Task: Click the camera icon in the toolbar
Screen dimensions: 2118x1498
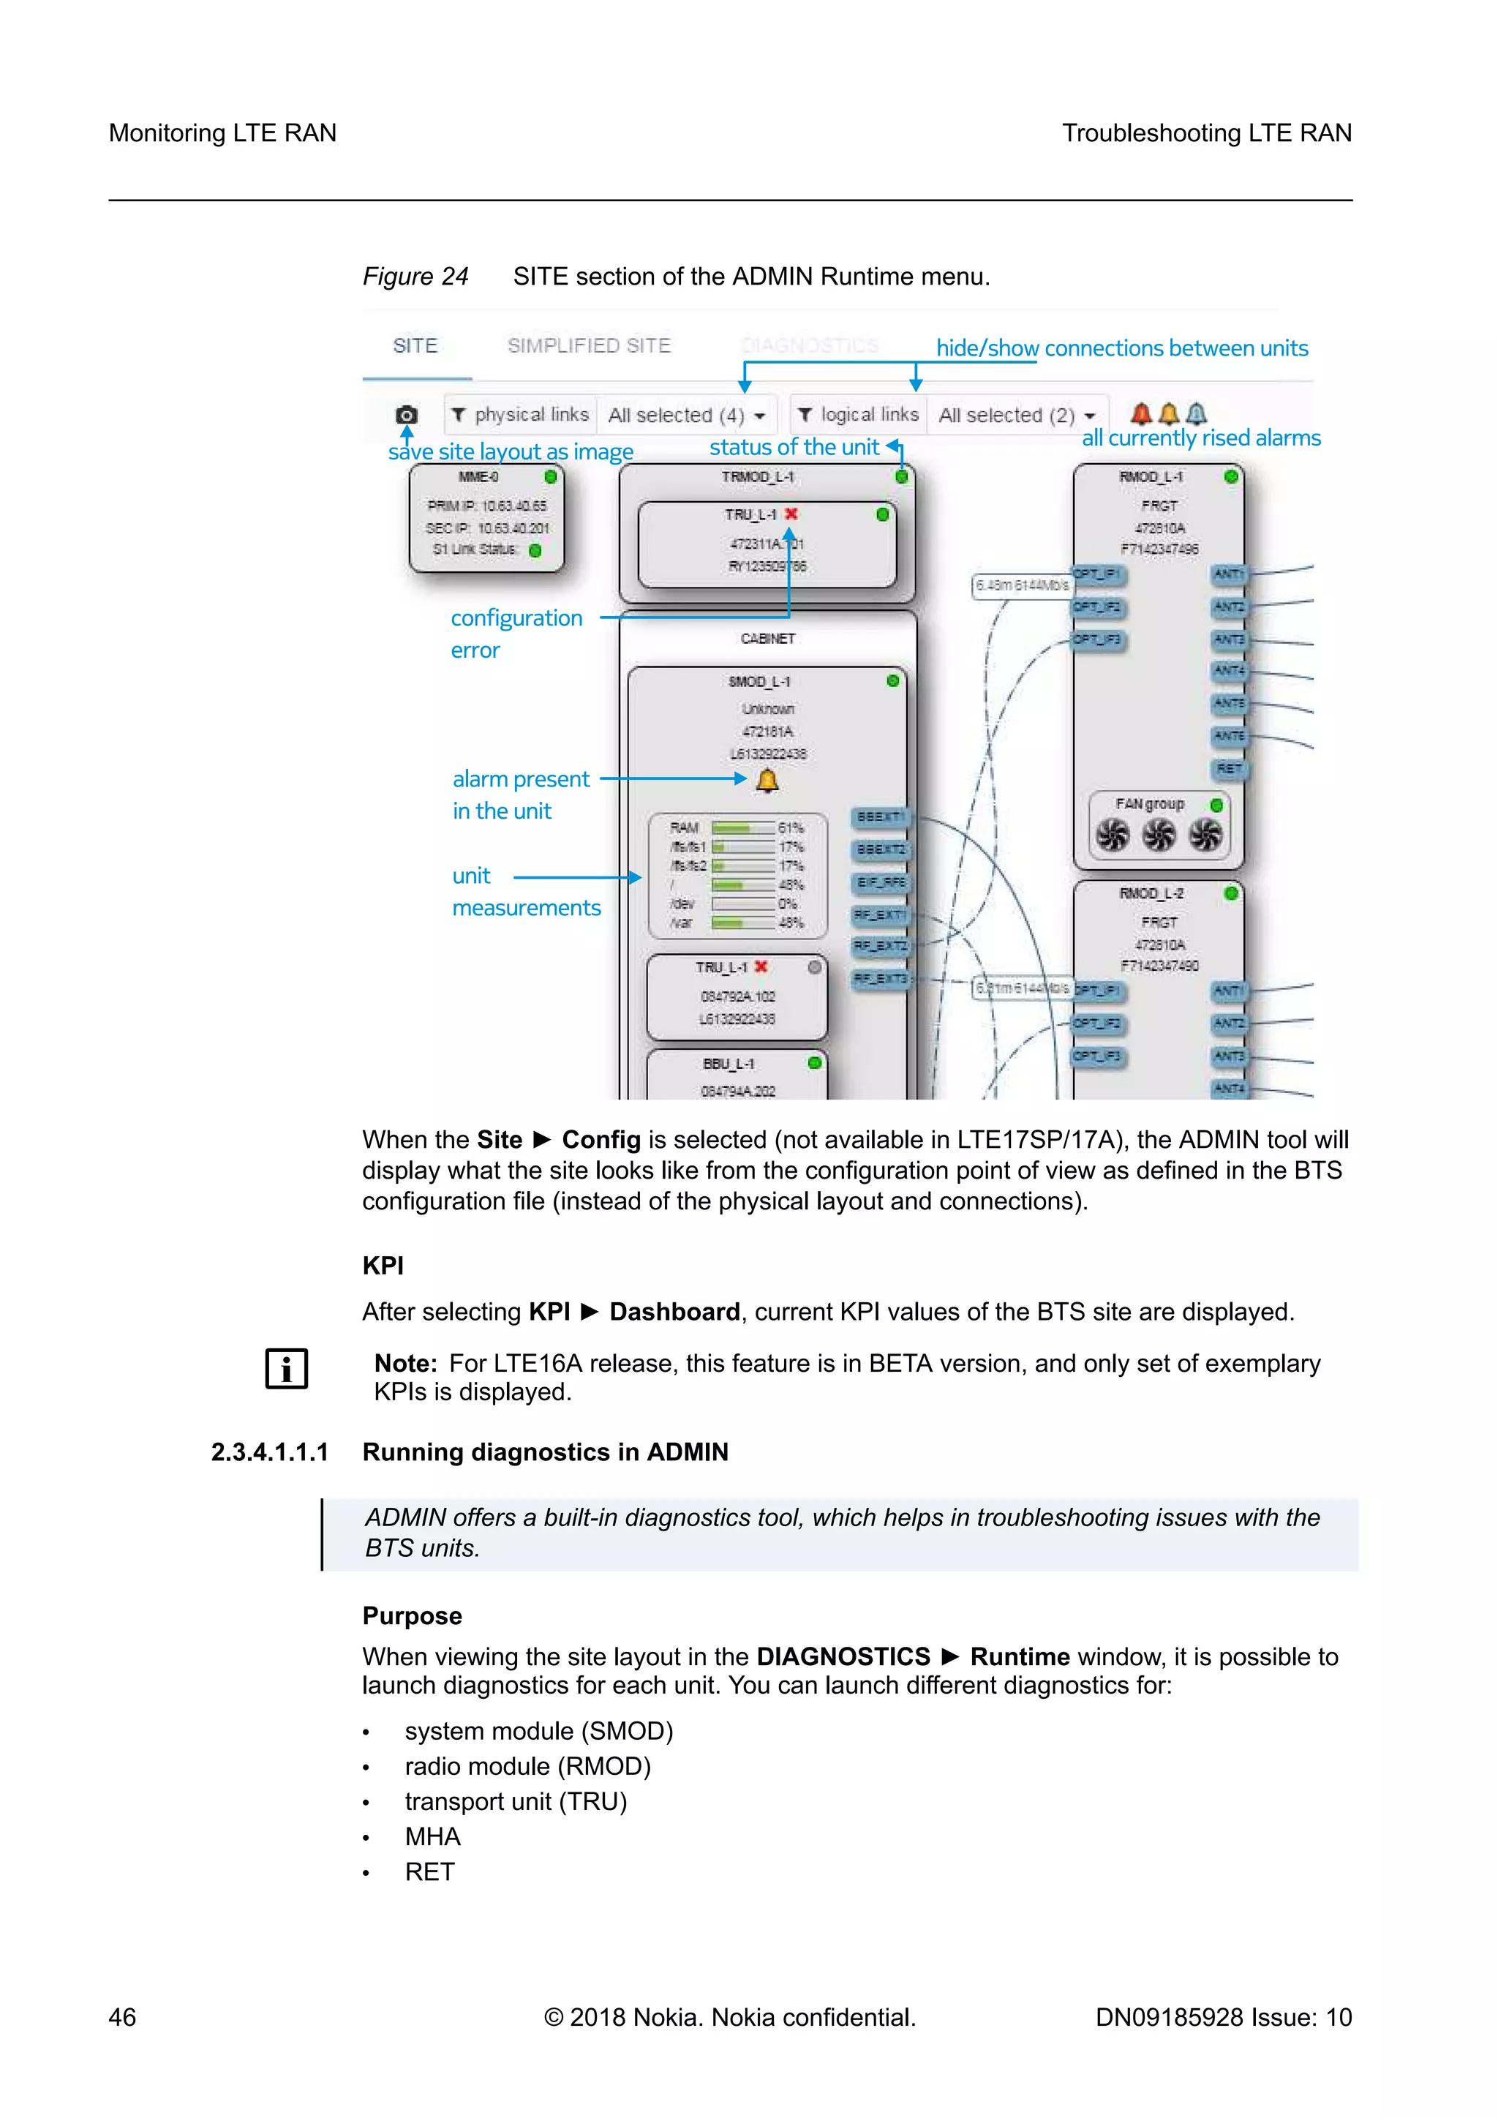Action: click(407, 415)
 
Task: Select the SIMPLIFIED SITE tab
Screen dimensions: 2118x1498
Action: click(589, 346)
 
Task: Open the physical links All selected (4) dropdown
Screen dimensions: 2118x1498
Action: click(688, 415)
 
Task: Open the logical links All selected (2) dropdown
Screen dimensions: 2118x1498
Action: click(1017, 415)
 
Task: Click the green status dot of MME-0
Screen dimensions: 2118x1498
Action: click(551, 477)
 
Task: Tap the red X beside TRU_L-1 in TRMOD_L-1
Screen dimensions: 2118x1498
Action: click(791, 514)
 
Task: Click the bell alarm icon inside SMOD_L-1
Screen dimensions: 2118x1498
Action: click(767, 781)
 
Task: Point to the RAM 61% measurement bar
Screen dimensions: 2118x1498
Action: click(742, 827)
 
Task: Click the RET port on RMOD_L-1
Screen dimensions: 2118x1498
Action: click(1229, 768)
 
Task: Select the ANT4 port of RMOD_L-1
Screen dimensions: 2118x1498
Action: click(1229, 669)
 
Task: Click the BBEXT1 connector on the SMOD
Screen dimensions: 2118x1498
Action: click(880, 816)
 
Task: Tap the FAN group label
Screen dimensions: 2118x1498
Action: click(1149, 803)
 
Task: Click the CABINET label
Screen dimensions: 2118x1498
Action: click(767, 639)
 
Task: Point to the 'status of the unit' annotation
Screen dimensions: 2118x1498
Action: click(794, 448)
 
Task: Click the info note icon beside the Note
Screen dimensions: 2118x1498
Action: click(286, 1368)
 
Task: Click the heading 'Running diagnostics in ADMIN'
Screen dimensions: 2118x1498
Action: click(544, 1452)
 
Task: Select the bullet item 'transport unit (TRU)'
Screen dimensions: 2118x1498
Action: click(516, 1802)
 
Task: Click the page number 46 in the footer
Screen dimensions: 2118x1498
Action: click(123, 2018)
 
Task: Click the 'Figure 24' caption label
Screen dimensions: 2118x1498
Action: click(415, 277)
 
